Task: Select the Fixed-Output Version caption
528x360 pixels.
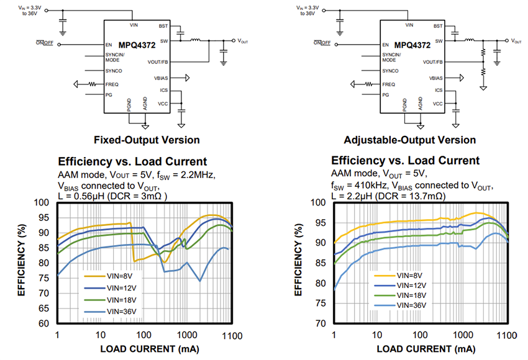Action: coord(147,140)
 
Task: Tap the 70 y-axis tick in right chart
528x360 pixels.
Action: coord(318,323)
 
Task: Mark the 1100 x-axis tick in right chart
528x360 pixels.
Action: coord(508,335)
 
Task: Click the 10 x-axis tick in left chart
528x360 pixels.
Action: coord(100,335)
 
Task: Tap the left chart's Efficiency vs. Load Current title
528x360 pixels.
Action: coord(132,161)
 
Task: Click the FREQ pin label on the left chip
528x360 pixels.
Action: coord(112,84)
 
